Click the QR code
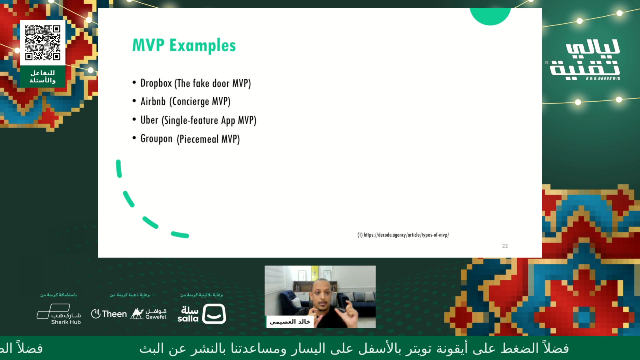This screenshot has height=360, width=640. pos(43,43)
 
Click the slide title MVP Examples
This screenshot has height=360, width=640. pos(184,45)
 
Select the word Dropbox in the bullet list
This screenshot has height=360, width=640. pos(156,83)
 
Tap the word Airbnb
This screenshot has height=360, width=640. pos(153,101)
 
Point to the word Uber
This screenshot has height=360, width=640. pos(149,120)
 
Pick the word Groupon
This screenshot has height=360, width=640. pos(156,139)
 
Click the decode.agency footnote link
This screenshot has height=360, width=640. pos(403,235)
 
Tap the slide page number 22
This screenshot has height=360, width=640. pos(505,246)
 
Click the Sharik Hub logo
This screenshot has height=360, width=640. pos(59,314)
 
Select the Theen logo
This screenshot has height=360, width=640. pos(109,314)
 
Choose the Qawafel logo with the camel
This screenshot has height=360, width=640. pos(148,314)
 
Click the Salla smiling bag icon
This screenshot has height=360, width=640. pos(214,314)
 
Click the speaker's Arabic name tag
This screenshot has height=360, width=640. pos(290,322)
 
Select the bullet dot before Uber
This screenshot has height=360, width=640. pos(134,119)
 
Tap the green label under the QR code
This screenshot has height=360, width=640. pos(43,76)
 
